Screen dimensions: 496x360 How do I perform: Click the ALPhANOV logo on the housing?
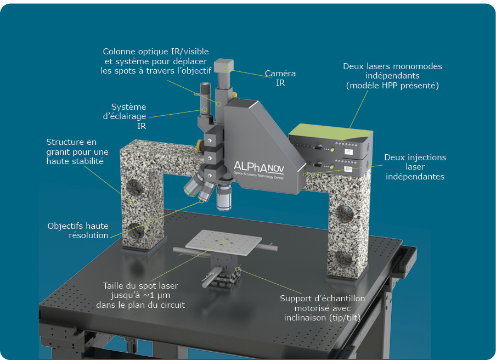point(259,170)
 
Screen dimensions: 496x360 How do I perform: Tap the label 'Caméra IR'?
point(280,78)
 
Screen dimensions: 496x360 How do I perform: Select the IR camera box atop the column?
point(224,65)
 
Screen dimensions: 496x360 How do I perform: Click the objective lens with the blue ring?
point(224,198)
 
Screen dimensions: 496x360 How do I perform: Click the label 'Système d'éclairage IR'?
point(125,116)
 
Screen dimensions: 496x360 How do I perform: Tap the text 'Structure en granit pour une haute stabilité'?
point(77,151)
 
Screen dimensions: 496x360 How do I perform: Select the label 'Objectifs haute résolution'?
point(78,230)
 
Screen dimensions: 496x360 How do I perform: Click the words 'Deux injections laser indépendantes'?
point(415,167)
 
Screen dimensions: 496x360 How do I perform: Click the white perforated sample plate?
point(224,242)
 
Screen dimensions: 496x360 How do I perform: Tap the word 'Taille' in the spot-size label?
point(112,286)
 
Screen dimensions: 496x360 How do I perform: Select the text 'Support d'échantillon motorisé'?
point(322,303)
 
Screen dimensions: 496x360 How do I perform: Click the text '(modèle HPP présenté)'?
point(392,86)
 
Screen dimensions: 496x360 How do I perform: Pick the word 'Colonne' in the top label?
point(117,51)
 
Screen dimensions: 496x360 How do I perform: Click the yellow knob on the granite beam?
point(200,145)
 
